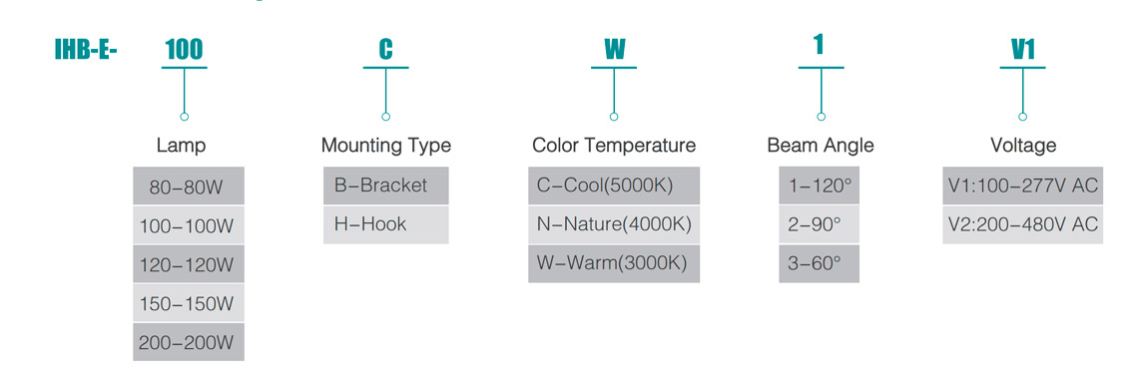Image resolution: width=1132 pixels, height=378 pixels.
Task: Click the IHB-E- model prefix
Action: pyautogui.click(x=85, y=51)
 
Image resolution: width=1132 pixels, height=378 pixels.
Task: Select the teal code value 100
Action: pyautogui.click(x=184, y=50)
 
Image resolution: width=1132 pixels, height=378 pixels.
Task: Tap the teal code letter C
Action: pyautogui.click(x=385, y=50)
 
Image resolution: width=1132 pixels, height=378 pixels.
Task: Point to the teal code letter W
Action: pyautogui.click(x=614, y=50)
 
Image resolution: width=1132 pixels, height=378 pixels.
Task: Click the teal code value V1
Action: pyautogui.click(x=1023, y=50)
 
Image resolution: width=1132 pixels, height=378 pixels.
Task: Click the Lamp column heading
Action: pyautogui.click(x=182, y=146)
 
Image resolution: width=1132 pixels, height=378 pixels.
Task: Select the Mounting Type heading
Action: pyautogui.click(x=385, y=146)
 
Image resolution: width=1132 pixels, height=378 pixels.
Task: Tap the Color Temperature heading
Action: pyautogui.click(x=614, y=146)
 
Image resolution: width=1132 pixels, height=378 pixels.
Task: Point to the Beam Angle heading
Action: pyautogui.click(x=821, y=146)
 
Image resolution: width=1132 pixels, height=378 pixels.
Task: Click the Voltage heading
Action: pyautogui.click(x=1023, y=146)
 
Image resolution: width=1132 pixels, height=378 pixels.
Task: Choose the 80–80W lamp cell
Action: pyautogui.click(x=189, y=187)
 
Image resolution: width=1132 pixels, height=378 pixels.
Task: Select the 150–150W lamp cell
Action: pyautogui.click(x=189, y=303)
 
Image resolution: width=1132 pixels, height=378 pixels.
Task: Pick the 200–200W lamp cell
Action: pyautogui.click(x=189, y=342)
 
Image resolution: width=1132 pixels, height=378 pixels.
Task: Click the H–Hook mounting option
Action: pyautogui.click(x=385, y=224)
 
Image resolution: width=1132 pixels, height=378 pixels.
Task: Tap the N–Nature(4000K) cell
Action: pyautogui.click(x=614, y=224)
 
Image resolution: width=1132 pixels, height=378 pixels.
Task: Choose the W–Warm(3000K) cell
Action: pyautogui.click(x=614, y=263)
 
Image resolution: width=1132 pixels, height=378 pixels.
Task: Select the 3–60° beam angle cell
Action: pyautogui.click(x=819, y=263)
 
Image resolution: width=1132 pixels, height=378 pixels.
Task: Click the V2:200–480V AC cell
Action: pyautogui.click(x=1023, y=224)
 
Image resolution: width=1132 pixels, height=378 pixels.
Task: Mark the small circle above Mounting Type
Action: pyautogui.click(x=386, y=117)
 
